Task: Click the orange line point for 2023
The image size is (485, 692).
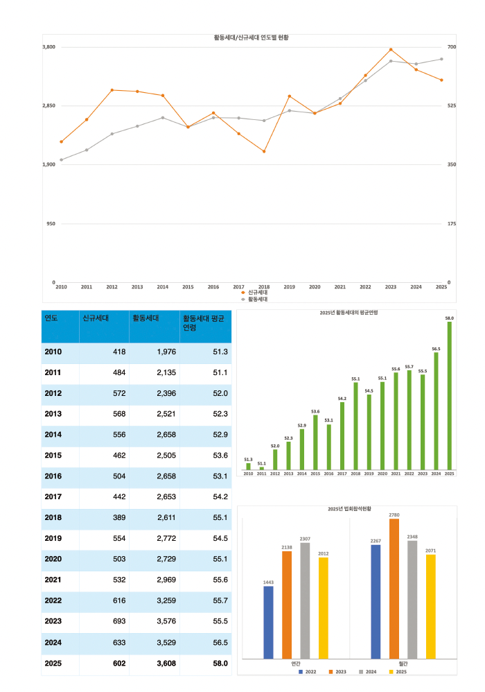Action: [x=391, y=50]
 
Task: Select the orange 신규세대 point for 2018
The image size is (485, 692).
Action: [x=264, y=151]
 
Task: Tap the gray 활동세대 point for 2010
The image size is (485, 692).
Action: [x=61, y=160]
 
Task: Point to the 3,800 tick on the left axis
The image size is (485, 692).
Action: [x=48, y=46]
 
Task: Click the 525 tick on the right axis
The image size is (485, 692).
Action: [x=452, y=105]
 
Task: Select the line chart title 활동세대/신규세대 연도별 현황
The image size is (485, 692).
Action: [x=251, y=37]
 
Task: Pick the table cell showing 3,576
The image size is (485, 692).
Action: [x=154, y=622]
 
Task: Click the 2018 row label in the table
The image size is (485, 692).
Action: [x=53, y=518]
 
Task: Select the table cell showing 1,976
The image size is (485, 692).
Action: [x=154, y=352]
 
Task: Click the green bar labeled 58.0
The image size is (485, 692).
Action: [x=449, y=395]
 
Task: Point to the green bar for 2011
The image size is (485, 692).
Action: [x=262, y=469]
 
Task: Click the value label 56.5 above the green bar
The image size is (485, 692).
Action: [x=436, y=349]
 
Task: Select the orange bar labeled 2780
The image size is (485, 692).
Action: [x=394, y=588]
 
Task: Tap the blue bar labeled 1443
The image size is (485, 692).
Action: [x=268, y=622]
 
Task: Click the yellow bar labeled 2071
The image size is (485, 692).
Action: [x=431, y=606]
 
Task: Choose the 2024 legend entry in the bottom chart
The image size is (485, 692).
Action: [x=370, y=672]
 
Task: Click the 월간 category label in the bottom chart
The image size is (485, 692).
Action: [x=403, y=664]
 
